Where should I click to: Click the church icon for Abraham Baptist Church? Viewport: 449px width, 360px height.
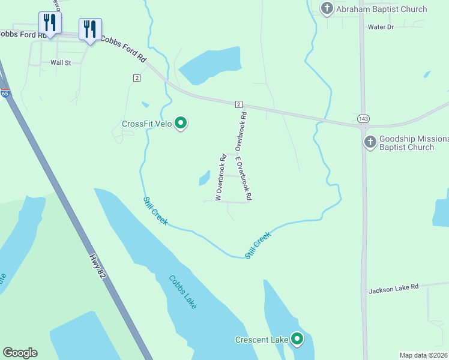click(x=327, y=9)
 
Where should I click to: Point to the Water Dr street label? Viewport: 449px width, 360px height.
click(x=381, y=27)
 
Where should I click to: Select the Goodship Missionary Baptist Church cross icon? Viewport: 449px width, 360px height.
click(x=370, y=142)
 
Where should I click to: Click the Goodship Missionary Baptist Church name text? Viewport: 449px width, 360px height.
click(x=415, y=143)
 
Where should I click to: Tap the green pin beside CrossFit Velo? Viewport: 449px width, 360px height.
click(x=181, y=124)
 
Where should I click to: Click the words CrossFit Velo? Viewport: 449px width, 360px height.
click(x=146, y=124)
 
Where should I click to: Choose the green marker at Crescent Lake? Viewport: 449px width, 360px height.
click(x=297, y=340)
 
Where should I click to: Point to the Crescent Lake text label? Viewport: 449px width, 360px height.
click(x=262, y=340)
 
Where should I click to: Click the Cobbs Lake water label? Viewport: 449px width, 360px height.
click(x=182, y=292)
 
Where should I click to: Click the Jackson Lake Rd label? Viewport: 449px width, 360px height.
click(x=393, y=289)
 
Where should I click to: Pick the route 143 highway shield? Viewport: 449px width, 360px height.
click(x=363, y=119)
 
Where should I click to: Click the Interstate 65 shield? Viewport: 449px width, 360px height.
click(x=5, y=94)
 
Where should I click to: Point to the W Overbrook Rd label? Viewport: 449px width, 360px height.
click(x=220, y=178)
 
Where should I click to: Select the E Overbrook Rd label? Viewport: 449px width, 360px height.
click(x=243, y=178)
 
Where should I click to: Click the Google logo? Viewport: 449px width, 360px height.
click(x=20, y=353)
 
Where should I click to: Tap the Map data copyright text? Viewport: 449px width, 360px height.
click(x=423, y=355)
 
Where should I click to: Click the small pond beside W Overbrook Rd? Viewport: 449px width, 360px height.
click(x=205, y=178)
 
